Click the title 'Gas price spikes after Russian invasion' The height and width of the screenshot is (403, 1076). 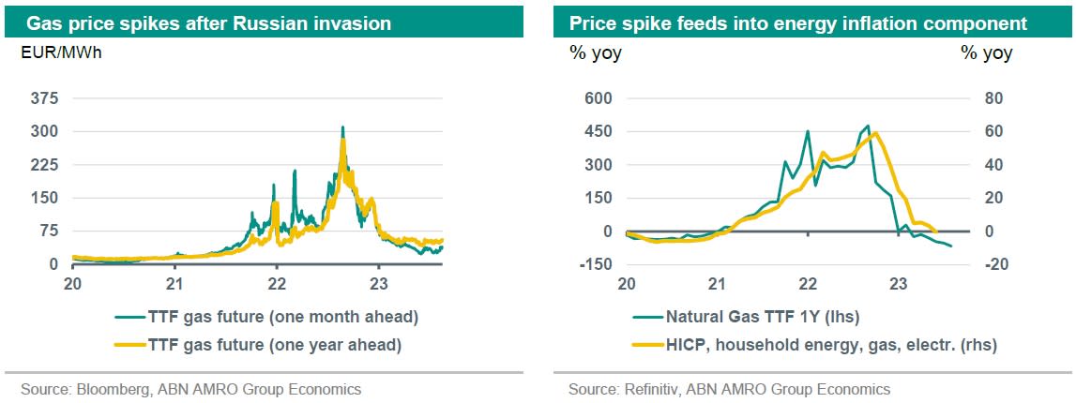coord(209,22)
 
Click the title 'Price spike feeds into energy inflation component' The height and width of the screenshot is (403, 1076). coord(798,22)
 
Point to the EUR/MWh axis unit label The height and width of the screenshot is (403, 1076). coord(61,52)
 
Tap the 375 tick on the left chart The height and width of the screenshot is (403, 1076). coord(44,98)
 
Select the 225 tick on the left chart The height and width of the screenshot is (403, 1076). coord(44,165)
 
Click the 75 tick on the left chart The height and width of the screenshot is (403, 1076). coord(48,231)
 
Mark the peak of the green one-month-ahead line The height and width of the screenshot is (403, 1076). coord(342,127)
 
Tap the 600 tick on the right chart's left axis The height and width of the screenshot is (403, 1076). coord(599,98)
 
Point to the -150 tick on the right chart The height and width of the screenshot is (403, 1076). coord(595,264)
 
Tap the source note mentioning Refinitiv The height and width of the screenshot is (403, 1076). coord(729,389)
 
